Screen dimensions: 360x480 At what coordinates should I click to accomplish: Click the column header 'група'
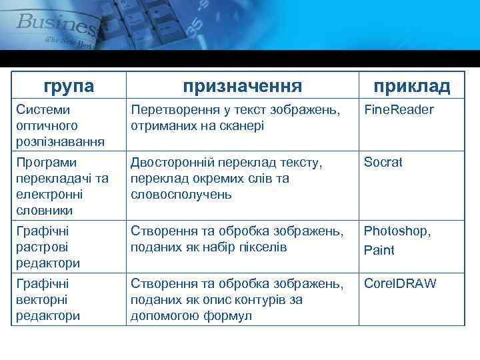[x=69, y=86]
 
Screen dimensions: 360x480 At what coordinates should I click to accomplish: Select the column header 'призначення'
[x=243, y=86]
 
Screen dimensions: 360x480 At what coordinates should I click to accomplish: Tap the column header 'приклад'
[x=411, y=86]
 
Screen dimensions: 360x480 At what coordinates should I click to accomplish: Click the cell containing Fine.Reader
[x=399, y=109]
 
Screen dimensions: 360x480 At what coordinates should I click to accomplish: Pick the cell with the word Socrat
[x=383, y=163]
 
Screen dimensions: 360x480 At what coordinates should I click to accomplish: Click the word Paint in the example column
[x=379, y=251]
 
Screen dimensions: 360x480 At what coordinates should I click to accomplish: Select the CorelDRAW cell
[x=400, y=284]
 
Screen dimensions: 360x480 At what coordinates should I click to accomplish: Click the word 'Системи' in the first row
[x=43, y=109]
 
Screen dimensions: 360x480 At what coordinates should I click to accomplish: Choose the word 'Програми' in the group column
[x=47, y=163]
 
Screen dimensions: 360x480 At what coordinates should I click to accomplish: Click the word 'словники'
[x=45, y=211]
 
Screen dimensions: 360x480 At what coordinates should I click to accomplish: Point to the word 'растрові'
[x=44, y=247]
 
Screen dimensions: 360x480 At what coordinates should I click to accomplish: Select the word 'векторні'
[x=44, y=300]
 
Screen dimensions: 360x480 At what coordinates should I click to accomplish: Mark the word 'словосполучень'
[x=181, y=195]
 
